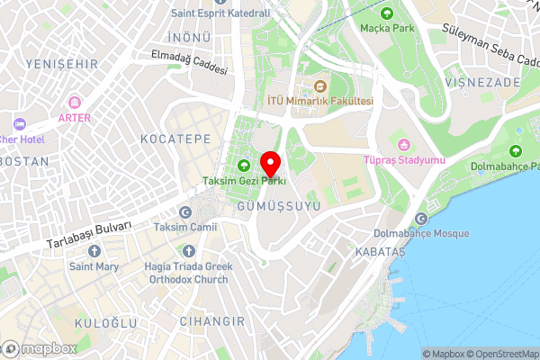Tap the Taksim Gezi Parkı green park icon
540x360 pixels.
[244, 165]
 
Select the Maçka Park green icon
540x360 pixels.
[387, 13]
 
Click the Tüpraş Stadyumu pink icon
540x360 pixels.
[404, 145]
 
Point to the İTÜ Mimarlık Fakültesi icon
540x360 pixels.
[319, 87]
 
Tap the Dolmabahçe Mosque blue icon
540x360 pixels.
[422, 219]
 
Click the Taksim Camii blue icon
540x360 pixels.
[184, 212]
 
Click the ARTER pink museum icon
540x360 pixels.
[74, 103]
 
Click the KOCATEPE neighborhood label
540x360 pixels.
[175, 139]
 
